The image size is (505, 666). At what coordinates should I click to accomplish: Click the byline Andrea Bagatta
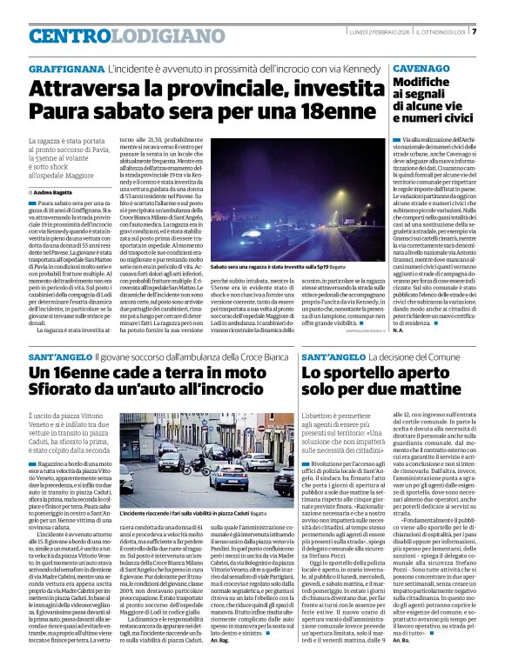(54, 191)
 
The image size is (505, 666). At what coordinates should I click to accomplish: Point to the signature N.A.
(398, 330)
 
